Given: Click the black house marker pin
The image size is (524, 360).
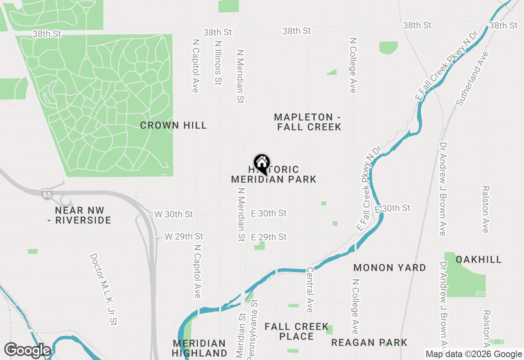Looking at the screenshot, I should tap(262, 164).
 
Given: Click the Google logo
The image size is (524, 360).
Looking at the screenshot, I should tap(27, 351).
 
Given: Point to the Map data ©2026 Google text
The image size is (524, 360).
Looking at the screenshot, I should tap(474, 354).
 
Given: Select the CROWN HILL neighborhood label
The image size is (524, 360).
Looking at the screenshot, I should tap(174, 126).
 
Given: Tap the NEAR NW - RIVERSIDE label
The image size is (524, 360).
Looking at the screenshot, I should tap(83, 216).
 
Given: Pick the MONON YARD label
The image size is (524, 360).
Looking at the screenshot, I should tap(390, 268).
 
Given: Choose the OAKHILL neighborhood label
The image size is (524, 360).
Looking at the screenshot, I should tap(479, 260).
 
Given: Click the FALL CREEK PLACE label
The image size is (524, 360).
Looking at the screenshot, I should tap(296, 331).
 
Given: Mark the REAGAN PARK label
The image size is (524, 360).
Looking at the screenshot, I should tap(369, 343).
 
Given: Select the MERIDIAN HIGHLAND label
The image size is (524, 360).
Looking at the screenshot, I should tap(199, 348).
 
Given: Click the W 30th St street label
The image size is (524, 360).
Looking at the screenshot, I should tap(174, 214).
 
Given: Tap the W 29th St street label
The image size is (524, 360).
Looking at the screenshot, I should tap(184, 236).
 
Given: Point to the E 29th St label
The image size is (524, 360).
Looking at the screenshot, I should tap(269, 237).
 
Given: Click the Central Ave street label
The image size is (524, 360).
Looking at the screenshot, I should tap(310, 290).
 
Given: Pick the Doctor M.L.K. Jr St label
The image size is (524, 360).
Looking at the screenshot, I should tap(104, 290).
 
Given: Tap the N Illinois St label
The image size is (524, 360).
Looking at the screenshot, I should tap(218, 62).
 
